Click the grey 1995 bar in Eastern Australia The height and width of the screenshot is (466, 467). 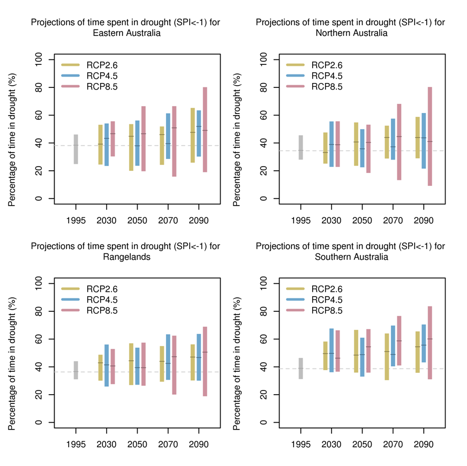(x=76, y=149)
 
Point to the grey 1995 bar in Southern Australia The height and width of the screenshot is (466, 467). (x=301, y=369)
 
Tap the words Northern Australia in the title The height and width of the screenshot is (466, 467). (x=351, y=33)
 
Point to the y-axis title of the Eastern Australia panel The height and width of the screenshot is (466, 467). (x=12, y=129)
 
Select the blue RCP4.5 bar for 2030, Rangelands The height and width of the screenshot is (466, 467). (x=106, y=365)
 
